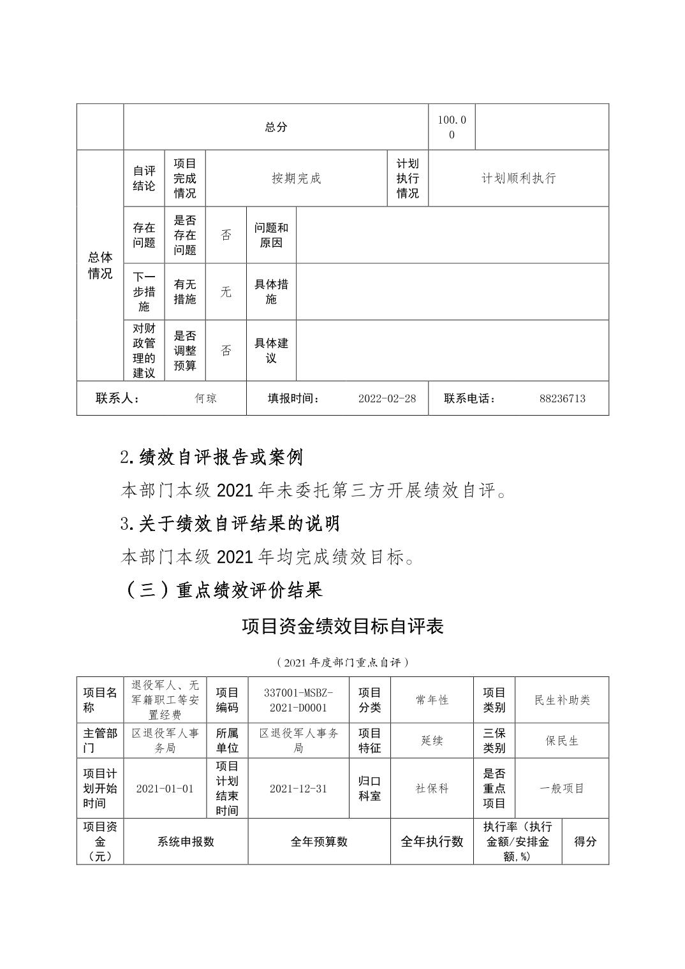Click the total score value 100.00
pyautogui.click(x=452, y=127)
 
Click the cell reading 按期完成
pyautogui.click(x=296, y=178)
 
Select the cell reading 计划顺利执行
pyautogui.click(x=518, y=178)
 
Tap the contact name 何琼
pyautogui.click(x=206, y=398)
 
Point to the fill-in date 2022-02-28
pyautogui.click(x=387, y=398)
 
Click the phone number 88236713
pyautogui.click(x=562, y=398)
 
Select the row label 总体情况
pyautogui.click(x=100, y=265)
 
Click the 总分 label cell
pyautogui.click(x=276, y=127)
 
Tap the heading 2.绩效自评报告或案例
pyautogui.click(x=211, y=457)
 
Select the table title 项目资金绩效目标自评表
pyautogui.click(x=342, y=627)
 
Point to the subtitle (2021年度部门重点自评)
pyautogui.click(x=342, y=662)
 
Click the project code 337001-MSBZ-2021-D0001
pyautogui.click(x=298, y=700)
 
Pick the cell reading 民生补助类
pyautogui.click(x=562, y=700)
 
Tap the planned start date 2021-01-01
pyautogui.click(x=165, y=789)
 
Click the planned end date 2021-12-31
pyautogui.click(x=298, y=789)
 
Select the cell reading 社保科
pyautogui.click(x=432, y=789)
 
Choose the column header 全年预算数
pyautogui.click(x=319, y=841)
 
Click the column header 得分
pyautogui.click(x=585, y=841)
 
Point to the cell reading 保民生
pyautogui.click(x=562, y=741)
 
